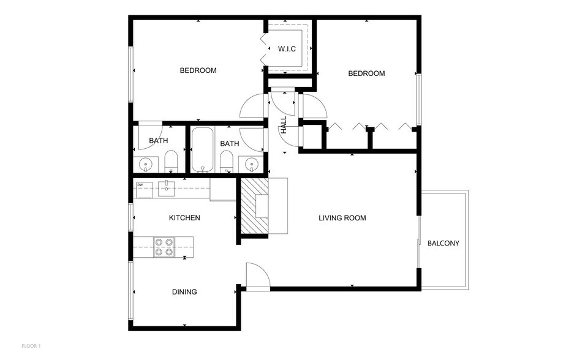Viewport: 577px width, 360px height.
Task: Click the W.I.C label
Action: (287, 48)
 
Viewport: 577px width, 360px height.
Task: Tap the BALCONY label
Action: (443, 243)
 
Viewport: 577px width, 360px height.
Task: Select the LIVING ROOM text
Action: (342, 218)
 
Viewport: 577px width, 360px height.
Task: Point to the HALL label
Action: (284, 125)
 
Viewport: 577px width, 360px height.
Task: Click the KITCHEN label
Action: (184, 217)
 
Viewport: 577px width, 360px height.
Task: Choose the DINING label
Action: (184, 292)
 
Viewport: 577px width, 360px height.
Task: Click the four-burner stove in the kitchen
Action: (164, 247)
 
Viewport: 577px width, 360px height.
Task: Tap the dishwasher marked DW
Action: (143, 189)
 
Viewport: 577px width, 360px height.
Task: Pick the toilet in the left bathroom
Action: (171, 162)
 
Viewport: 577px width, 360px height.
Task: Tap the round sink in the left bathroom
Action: (146, 164)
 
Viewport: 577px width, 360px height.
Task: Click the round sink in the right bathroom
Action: (251, 164)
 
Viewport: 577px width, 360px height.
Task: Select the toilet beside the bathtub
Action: (226, 162)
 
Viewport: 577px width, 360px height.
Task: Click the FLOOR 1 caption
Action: (31, 346)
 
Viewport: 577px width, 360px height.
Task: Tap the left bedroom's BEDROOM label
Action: (198, 70)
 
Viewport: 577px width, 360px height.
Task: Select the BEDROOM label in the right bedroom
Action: (366, 73)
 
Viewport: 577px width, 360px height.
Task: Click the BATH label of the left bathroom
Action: (158, 141)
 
